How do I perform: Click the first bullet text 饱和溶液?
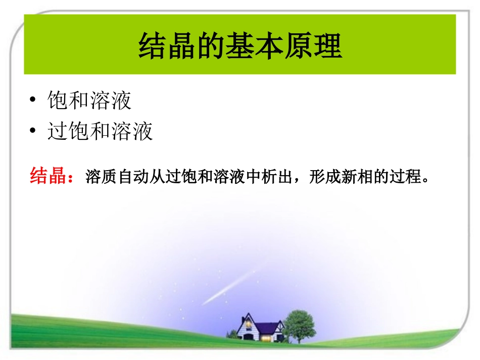pyautogui.click(x=89, y=101)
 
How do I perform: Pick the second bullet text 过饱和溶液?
pyautogui.click(x=100, y=132)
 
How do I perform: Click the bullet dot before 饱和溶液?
pyautogui.click(x=33, y=100)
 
